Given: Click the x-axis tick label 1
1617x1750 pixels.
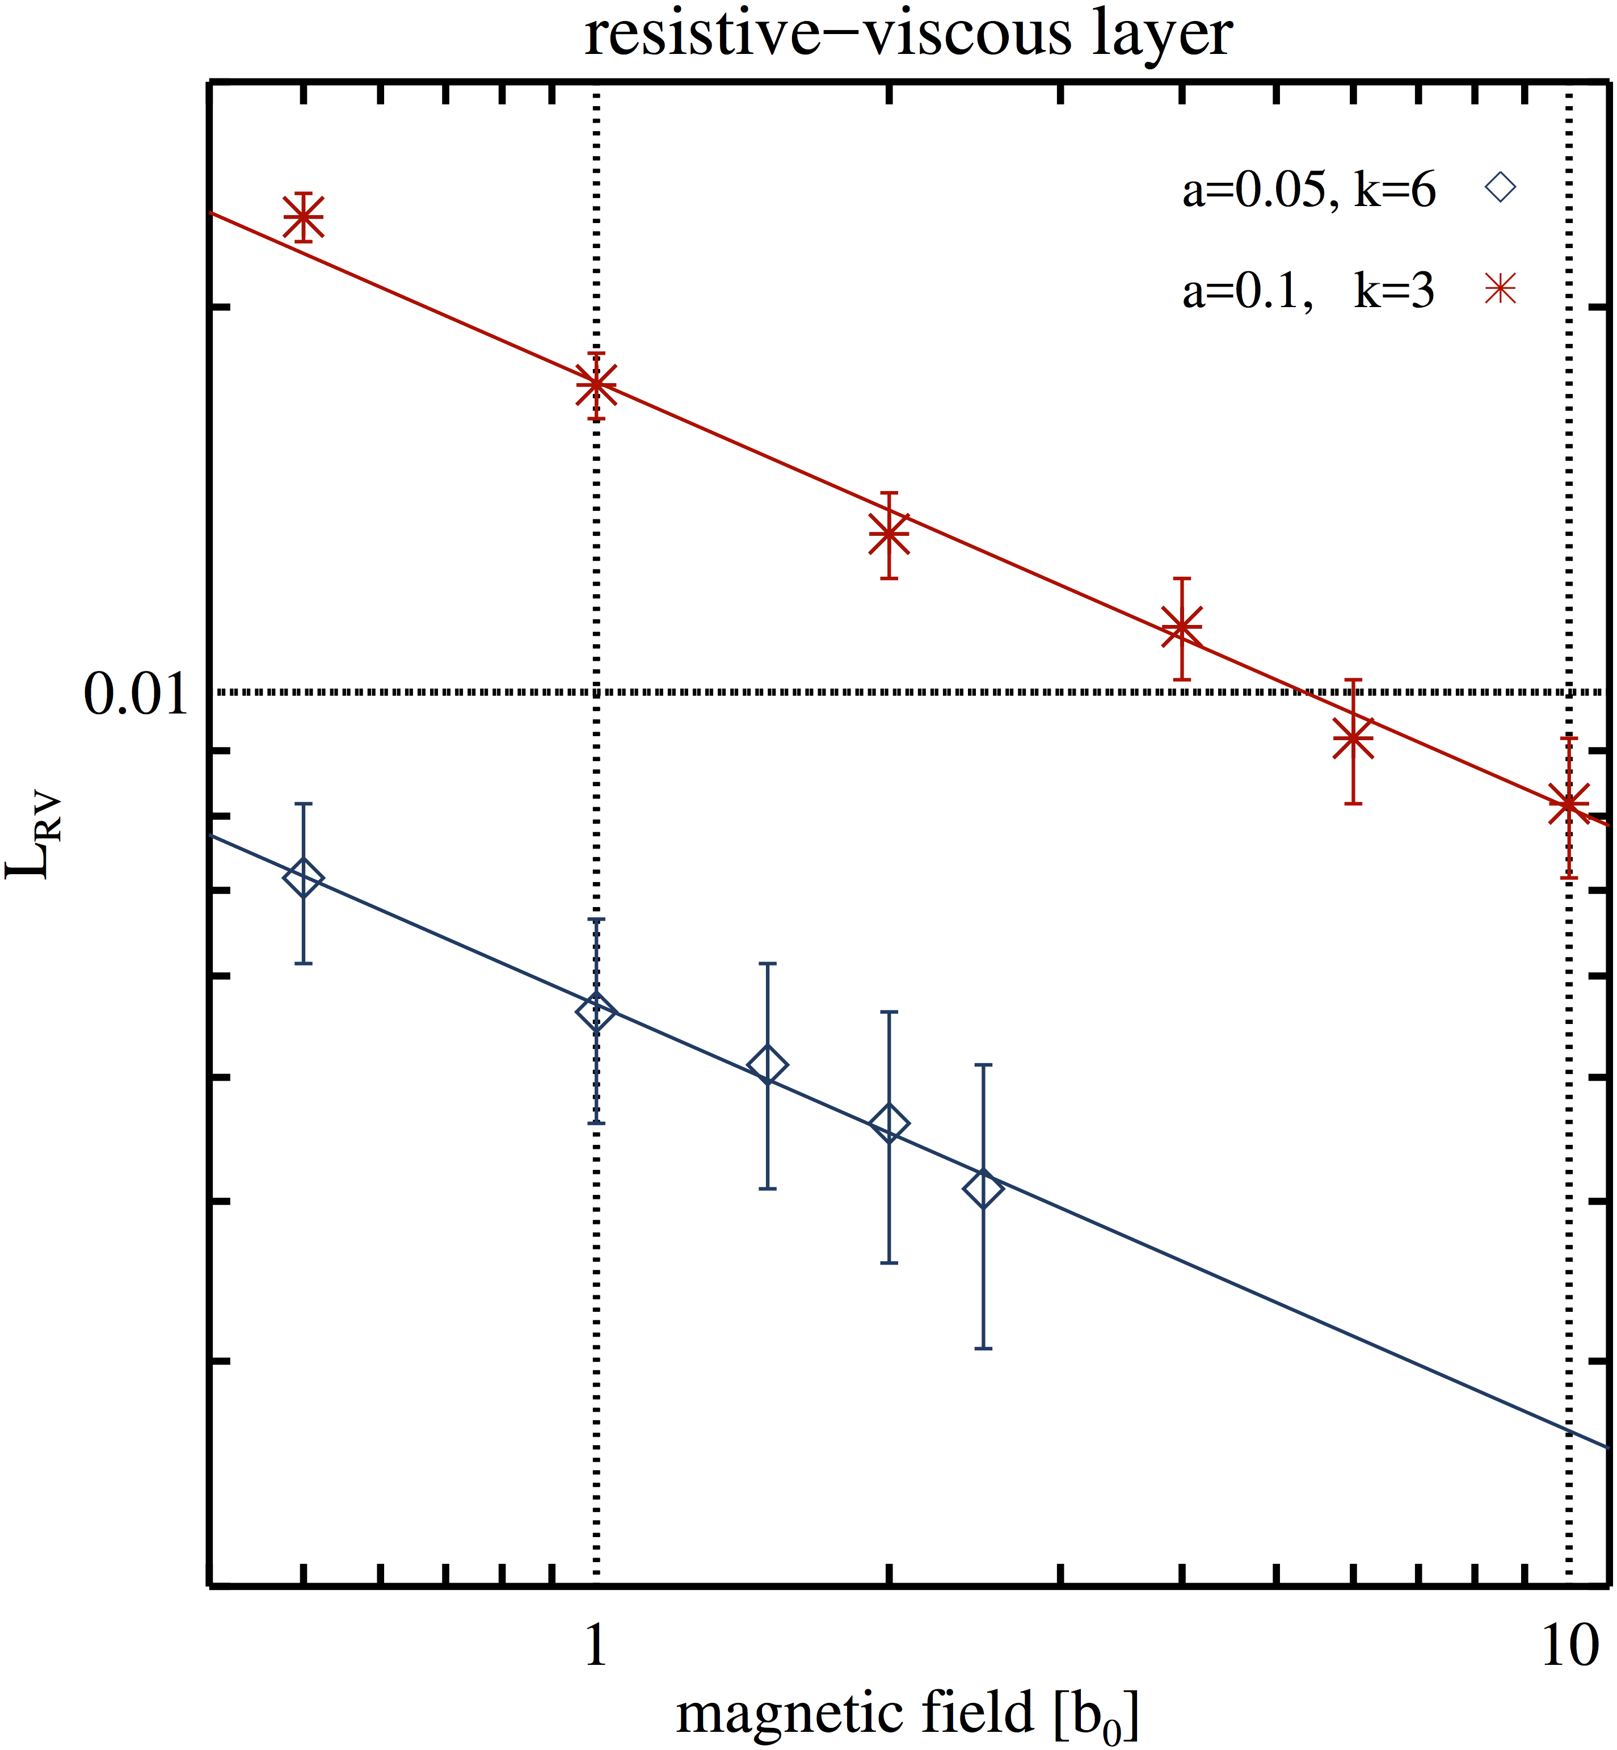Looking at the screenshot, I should (596, 1645).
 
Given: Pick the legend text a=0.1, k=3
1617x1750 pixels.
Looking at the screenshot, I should (1308, 289).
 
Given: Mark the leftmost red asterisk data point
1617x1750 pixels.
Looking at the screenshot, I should (304, 216).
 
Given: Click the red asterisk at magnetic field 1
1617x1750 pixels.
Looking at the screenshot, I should (596, 385).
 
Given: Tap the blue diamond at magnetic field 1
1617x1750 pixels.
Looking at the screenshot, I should (596, 1013).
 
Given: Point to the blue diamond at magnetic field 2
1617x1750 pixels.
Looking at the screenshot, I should (889, 1123).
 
